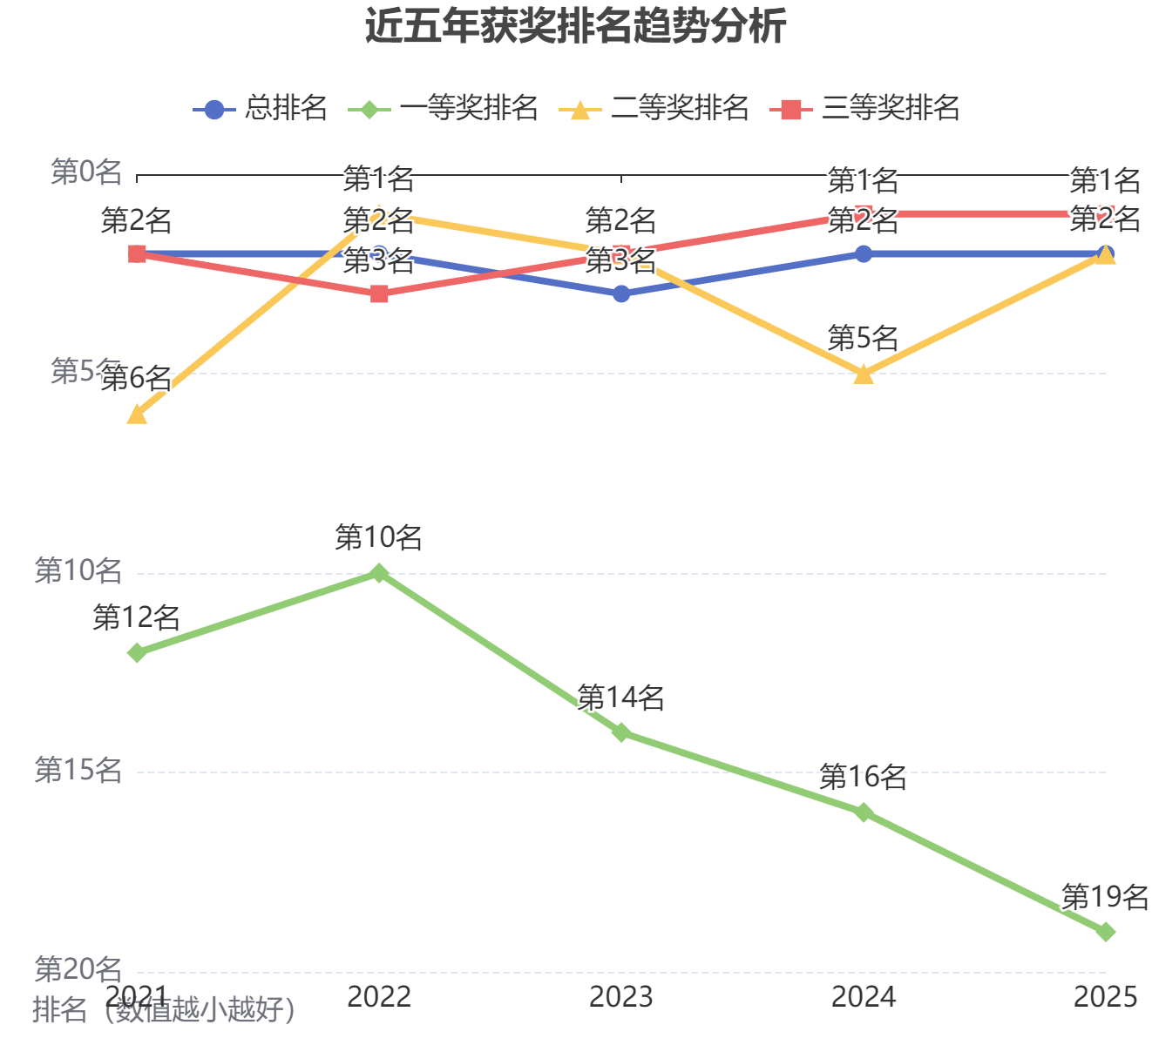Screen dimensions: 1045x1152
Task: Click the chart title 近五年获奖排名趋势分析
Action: click(x=575, y=26)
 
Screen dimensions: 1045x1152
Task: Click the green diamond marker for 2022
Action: click(x=379, y=573)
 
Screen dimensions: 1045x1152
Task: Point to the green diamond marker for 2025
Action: click(x=1106, y=932)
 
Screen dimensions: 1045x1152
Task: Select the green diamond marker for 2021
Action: click(x=137, y=652)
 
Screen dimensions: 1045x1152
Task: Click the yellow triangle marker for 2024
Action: click(x=864, y=374)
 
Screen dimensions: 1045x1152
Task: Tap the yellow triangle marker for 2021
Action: click(x=137, y=415)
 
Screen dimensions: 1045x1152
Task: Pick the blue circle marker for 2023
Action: click(x=621, y=294)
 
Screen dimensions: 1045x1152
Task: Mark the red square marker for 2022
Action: click(x=379, y=294)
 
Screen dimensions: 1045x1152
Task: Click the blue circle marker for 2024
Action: click(x=864, y=254)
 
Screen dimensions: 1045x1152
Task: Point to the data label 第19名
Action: click(x=1105, y=897)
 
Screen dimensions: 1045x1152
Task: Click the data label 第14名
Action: click(x=621, y=698)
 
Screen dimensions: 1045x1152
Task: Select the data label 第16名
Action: click(x=864, y=777)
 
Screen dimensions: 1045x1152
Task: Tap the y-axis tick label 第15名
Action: click(x=78, y=771)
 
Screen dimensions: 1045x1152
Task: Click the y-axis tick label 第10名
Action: click(x=78, y=571)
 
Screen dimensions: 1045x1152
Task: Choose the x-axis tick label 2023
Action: click(x=621, y=997)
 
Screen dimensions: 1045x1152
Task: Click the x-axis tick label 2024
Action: click(x=864, y=997)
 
